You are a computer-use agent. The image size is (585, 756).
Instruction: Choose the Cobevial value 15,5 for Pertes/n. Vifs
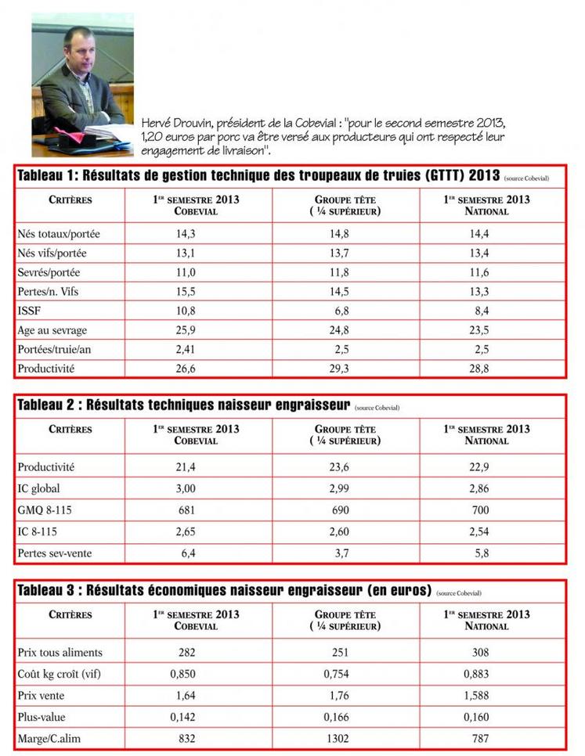pyautogui.click(x=186, y=291)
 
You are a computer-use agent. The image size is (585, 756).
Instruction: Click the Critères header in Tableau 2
pyautogui.click(x=70, y=430)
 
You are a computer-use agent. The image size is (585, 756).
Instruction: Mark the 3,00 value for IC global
pyautogui.click(x=186, y=489)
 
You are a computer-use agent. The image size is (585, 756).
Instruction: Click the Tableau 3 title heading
pyautogui.click(x=224, y=590)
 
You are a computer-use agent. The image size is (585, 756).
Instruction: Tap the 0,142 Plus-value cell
pyautogui.click(x=186, y=716)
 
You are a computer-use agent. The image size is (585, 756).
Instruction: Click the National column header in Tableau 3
pyautogui.click(x=486, y=621)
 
